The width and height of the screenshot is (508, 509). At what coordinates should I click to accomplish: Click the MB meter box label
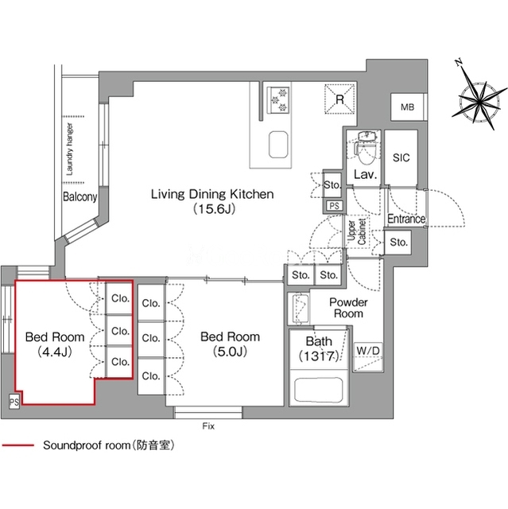coord(408,107)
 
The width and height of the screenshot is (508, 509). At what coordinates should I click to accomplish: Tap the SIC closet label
coord(401,157)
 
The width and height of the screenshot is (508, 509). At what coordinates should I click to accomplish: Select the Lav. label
coord(365,175)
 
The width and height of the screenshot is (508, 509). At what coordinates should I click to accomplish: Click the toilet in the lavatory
coord(367,147)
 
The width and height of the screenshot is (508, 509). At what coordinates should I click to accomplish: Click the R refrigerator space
coord(339,99)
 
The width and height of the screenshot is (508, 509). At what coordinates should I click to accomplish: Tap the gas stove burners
coord(278,99)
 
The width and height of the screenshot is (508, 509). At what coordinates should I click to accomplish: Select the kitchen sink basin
coord(278,145)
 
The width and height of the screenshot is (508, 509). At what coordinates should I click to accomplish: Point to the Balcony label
coord(79,196)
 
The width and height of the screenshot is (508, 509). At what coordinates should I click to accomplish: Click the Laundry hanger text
coord(69,149)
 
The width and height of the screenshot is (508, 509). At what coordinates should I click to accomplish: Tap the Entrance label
coord(406,219)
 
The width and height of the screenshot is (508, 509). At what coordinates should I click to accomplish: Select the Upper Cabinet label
coord(357,231)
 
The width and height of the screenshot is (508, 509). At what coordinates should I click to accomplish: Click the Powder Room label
coord(348,308)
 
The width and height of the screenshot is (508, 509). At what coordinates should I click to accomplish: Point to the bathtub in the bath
coord(318,390)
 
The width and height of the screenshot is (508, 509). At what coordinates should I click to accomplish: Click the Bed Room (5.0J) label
coord(231,344)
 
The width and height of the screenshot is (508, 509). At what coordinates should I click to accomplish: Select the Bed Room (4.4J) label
coord(55,344)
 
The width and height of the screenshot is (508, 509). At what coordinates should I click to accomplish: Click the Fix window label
coord(208,426)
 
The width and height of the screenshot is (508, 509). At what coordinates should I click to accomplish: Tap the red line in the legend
coord(17,445)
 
